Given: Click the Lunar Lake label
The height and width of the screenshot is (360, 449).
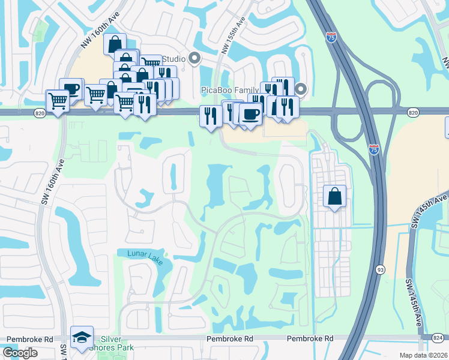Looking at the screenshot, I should point(145,254).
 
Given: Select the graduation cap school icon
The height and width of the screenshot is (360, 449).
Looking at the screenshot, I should point(82,338).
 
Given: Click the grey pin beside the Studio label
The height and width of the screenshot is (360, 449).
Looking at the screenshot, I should point(194,58).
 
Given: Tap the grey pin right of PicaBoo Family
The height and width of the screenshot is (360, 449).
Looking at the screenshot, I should point(301,89).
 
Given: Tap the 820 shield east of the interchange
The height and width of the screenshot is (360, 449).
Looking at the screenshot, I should point(412,112).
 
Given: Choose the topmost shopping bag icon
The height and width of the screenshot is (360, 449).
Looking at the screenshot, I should point(115,44).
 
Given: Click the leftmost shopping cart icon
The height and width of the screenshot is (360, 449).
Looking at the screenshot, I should point(58,100).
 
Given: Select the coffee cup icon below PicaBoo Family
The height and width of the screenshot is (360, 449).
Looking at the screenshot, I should point(250,113).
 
